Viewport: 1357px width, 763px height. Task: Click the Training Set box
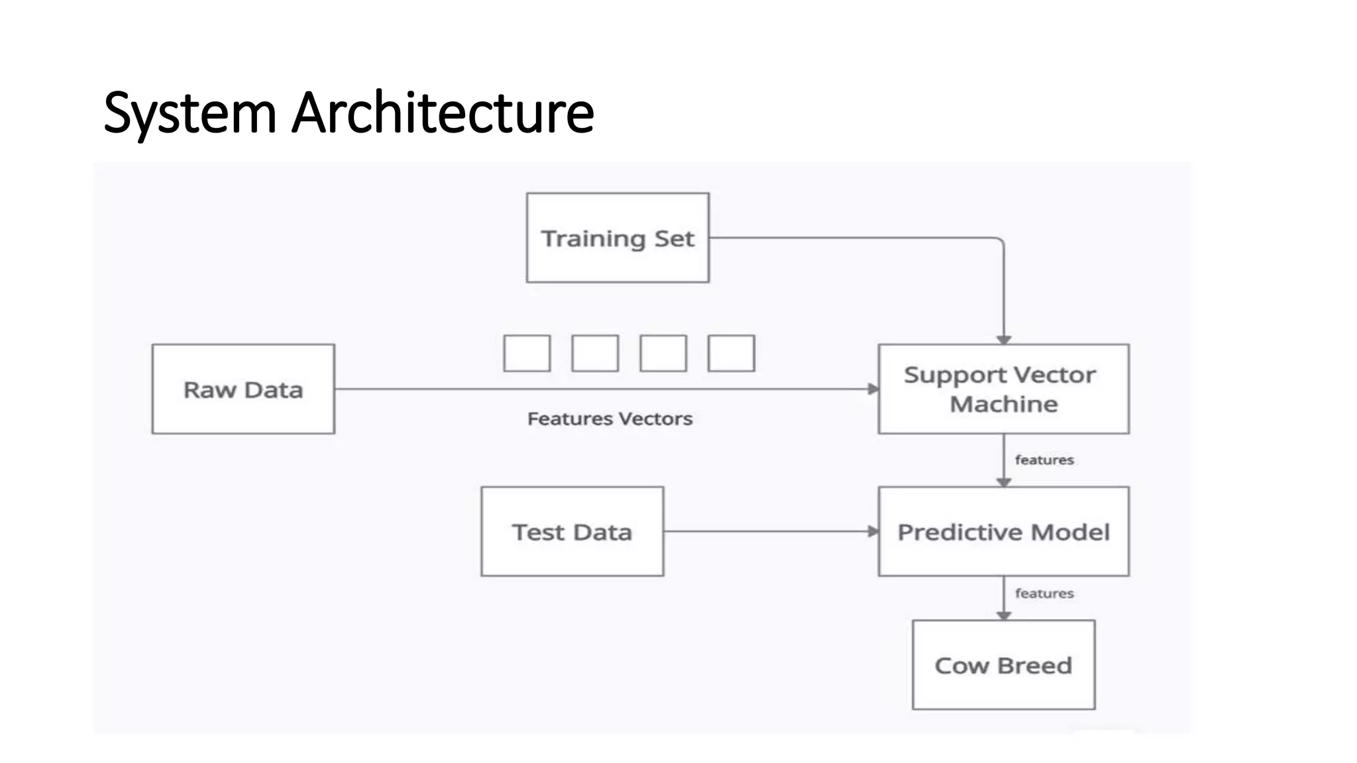point(618,238)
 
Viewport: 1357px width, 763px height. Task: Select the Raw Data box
point(243,389)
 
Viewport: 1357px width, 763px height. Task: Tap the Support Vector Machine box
point(1003,389)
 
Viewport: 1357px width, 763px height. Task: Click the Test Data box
point(572,531)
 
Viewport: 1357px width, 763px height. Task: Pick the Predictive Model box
point(1003,531)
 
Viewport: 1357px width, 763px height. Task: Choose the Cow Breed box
point(1003,664)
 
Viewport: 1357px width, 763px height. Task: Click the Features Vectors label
point(610,419)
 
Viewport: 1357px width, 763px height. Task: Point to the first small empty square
point(527,353)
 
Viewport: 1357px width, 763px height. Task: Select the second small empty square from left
point(595,353)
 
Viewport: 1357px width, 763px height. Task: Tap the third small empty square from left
point(663,353)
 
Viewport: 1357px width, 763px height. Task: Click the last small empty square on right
point(731,353)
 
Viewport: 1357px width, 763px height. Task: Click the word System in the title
point(190,113)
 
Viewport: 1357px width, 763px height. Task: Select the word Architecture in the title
point(443,113)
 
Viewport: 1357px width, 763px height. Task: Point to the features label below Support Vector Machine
point(1044,460)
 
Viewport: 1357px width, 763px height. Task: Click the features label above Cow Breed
point(1044,593)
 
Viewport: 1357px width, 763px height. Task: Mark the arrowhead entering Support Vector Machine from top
point(1004,340)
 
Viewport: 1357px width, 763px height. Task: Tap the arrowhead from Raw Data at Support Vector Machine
point(873,389)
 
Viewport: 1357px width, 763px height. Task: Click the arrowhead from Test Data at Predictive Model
point(873,531)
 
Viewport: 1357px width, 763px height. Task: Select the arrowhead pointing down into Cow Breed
point(1004,616)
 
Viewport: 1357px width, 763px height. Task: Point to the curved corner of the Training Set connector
point(1000,241)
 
